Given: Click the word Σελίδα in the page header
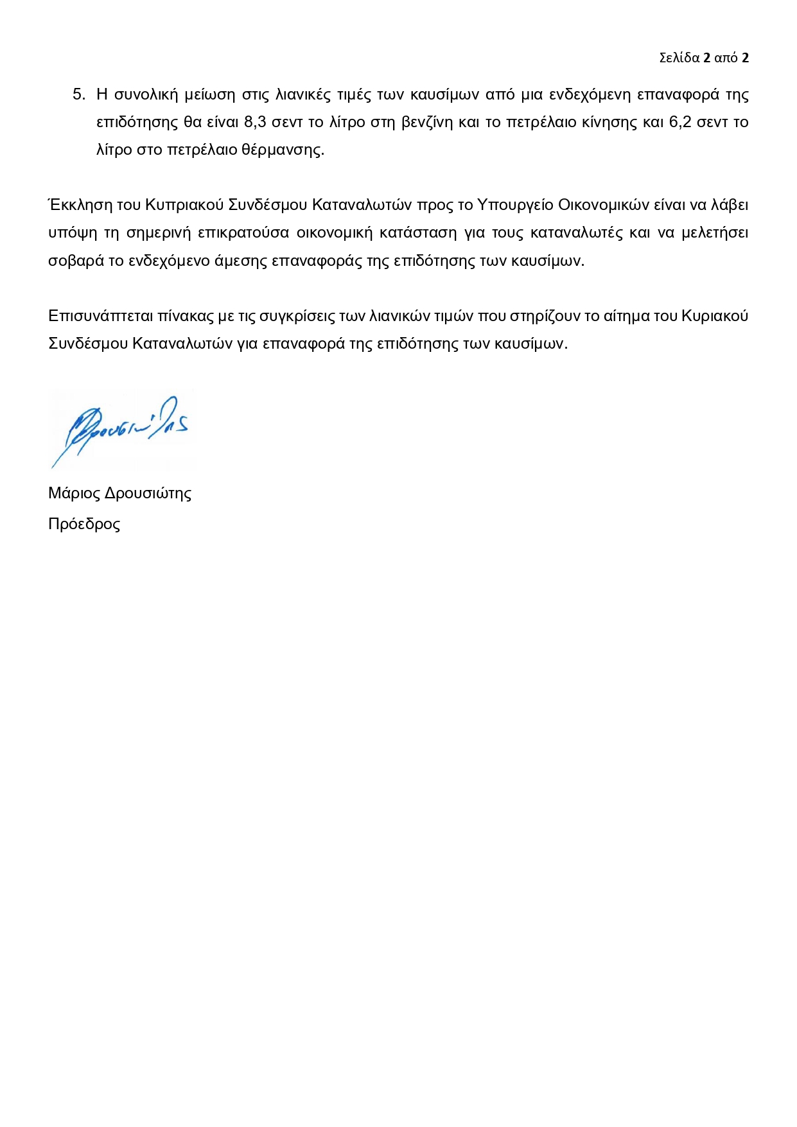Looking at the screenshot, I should tap(679, 58).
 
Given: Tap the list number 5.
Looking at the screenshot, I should tap(78, 94).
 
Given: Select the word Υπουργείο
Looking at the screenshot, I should tap(514, 205).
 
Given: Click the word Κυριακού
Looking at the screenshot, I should tap(714, 316).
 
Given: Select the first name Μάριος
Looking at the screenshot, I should tap(74, 493).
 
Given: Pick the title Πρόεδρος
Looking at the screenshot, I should tap(84, 524).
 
